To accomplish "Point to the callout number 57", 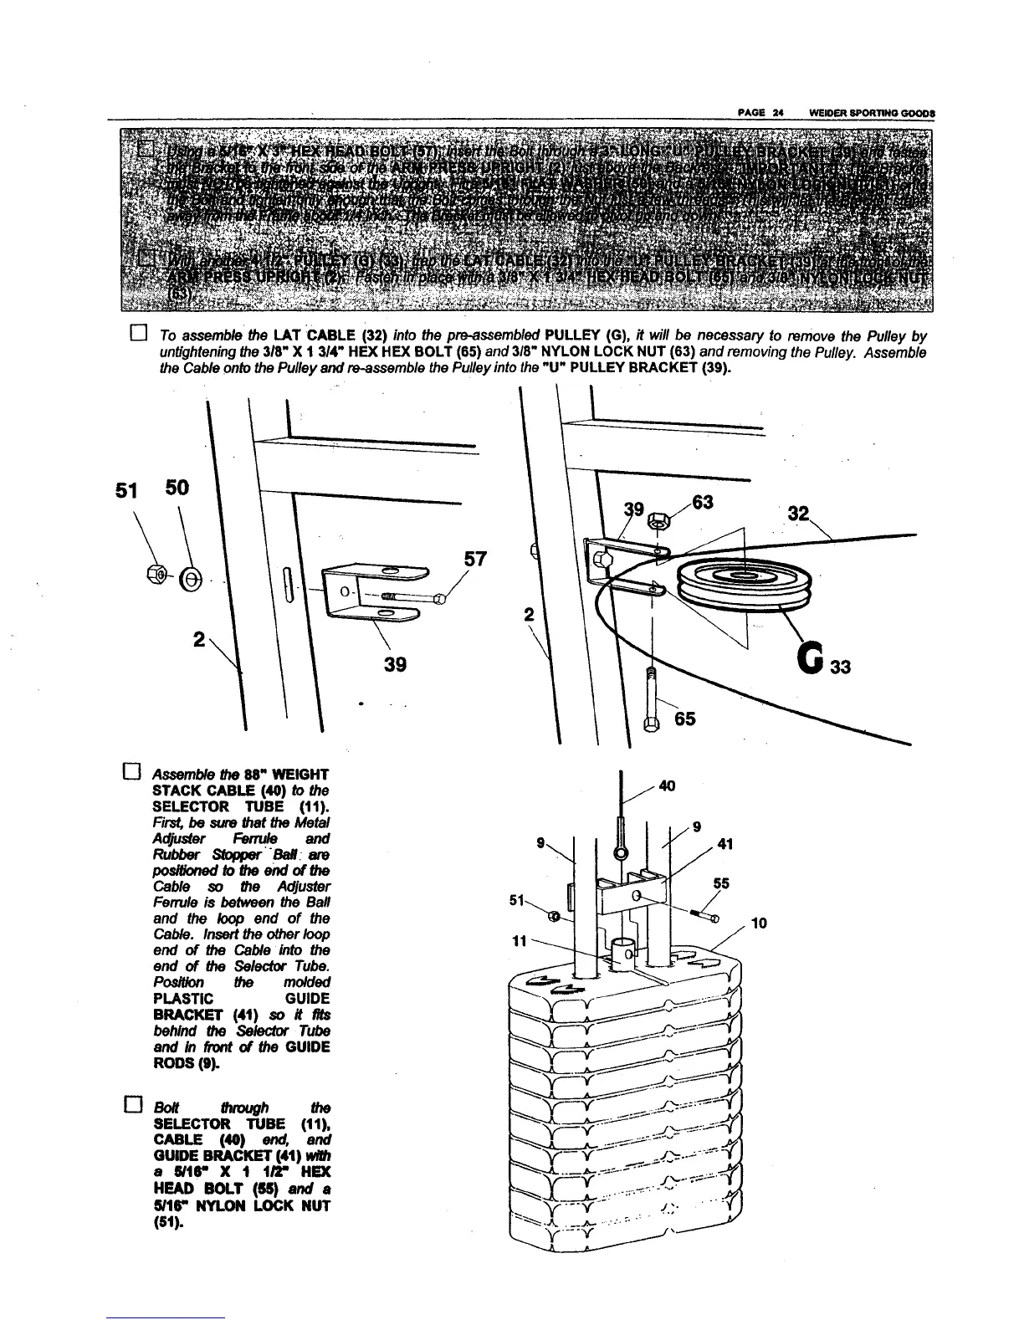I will [x=475, y=558].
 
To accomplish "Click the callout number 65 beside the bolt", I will [x=684, y=719].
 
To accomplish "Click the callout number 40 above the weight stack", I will [x=667, y=785].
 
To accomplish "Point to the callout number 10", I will [x=760, y=923].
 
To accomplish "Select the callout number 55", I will [x=721, y=882].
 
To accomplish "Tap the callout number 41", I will [x=725, y=844].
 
